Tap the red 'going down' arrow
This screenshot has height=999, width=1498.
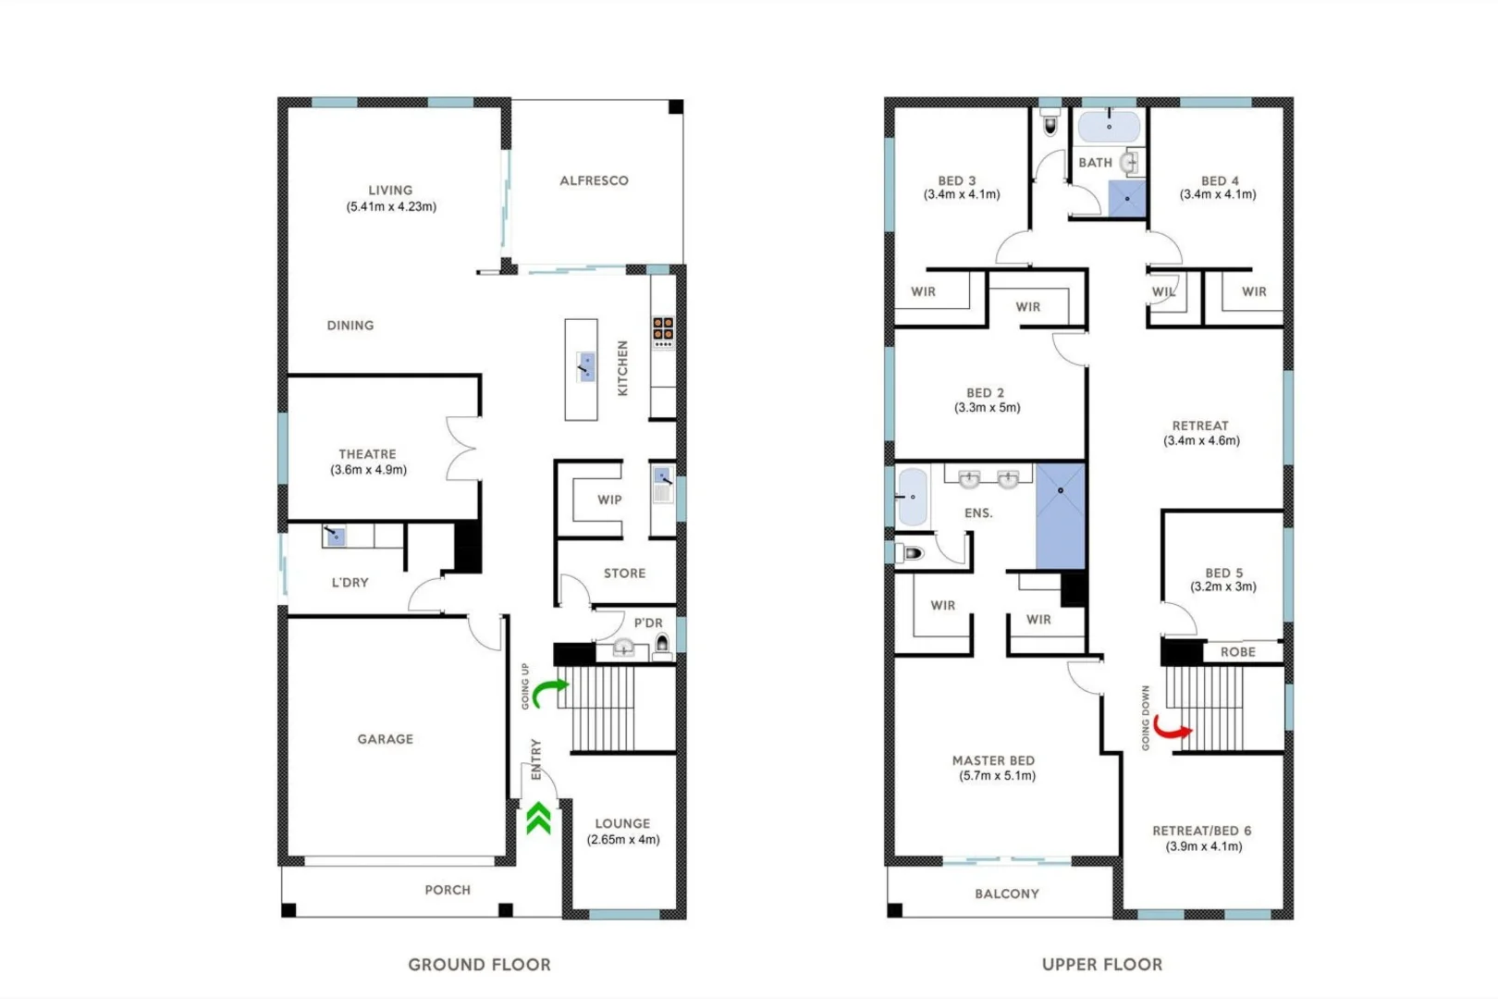click(1172, 731)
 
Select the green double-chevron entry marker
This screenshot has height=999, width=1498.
click(539, 819)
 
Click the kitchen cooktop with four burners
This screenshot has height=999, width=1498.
click(663, 328)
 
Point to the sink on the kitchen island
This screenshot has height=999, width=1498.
click(586, 365)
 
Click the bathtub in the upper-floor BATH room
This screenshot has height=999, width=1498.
click(1109, 127)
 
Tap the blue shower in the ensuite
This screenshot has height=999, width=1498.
click(1060, 516)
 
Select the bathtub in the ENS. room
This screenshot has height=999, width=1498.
click(912, 497)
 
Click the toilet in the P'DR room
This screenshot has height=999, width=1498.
click(662, 645)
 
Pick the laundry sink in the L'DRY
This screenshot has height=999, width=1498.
click(335, 536)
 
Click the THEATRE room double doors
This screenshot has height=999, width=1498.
click(462, 449)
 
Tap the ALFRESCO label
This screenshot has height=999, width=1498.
click(594, 180)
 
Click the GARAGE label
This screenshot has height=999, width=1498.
click(386, 739)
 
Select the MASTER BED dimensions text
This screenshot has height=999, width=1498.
click(997, 776)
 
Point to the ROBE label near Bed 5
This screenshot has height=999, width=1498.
click(1237, 652)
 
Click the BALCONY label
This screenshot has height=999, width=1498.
click(1007, 894)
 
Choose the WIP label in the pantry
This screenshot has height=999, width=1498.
click(609, 499)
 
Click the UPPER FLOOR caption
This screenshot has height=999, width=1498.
click(1102, 964)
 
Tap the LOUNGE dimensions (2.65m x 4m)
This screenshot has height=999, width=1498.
click(623, 840)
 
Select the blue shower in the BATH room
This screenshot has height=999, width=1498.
click(1127, 199)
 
